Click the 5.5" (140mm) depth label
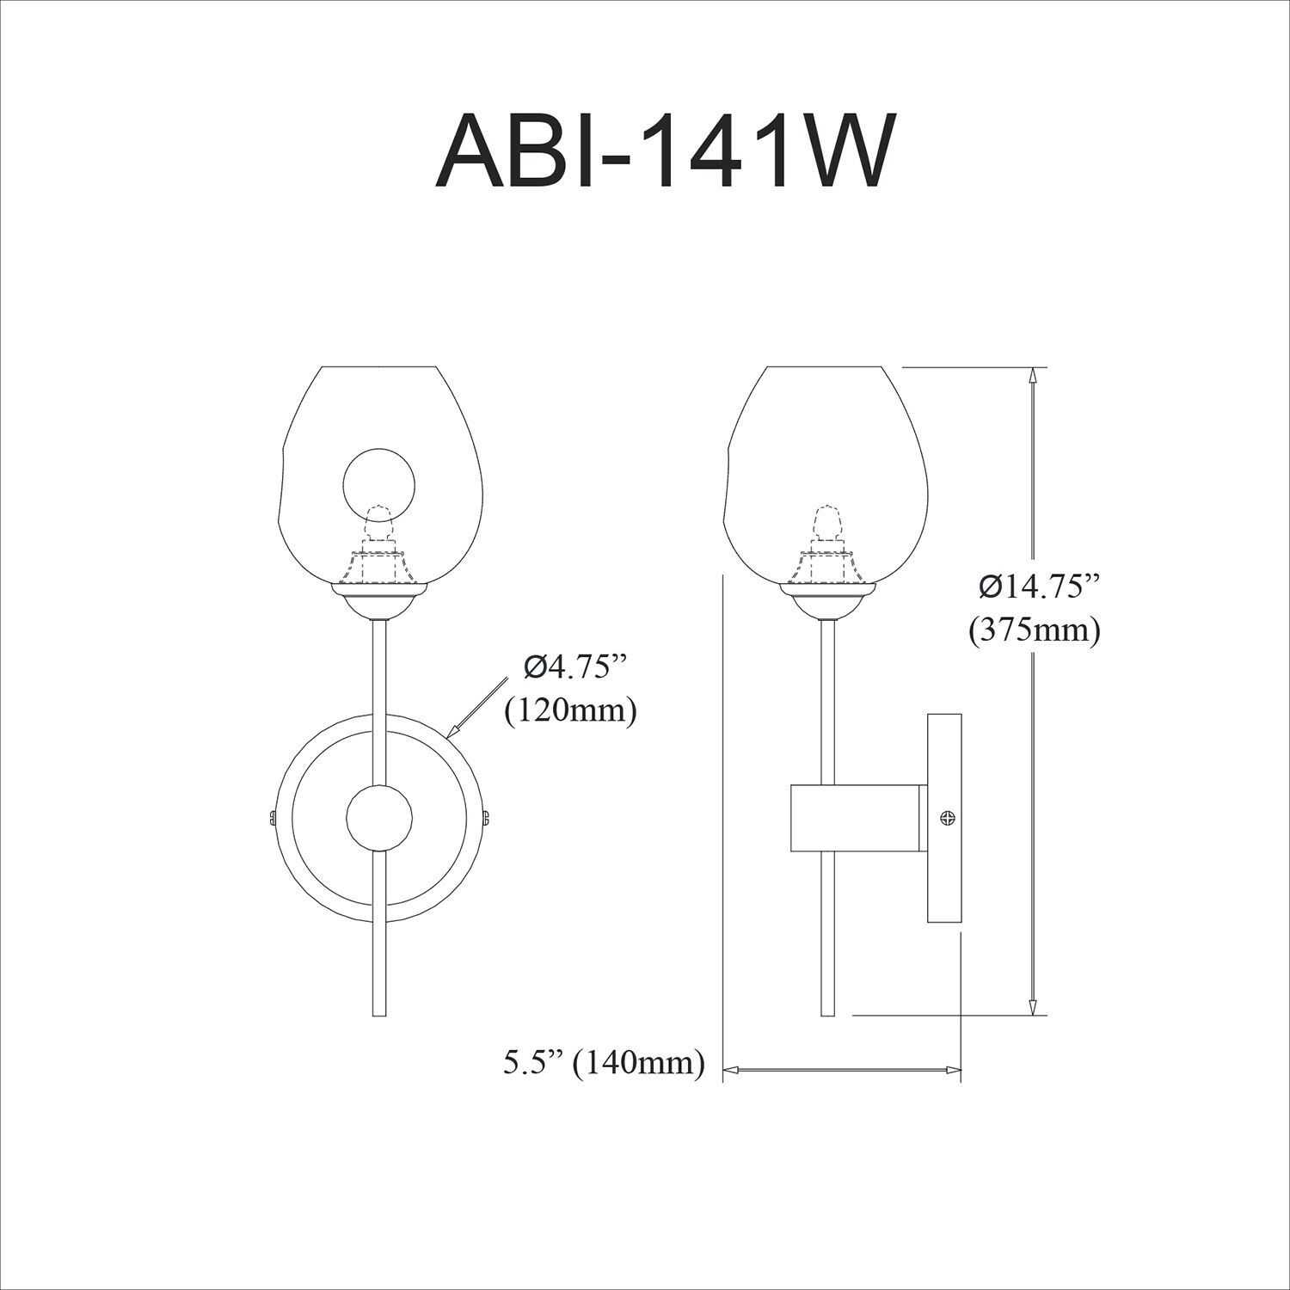[x=604, y=1063]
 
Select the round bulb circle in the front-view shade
[x=378, y=482]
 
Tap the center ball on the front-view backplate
[x=378, y=817]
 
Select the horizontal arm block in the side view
[x=857, y=817]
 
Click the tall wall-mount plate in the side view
[x=943, y=817]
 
